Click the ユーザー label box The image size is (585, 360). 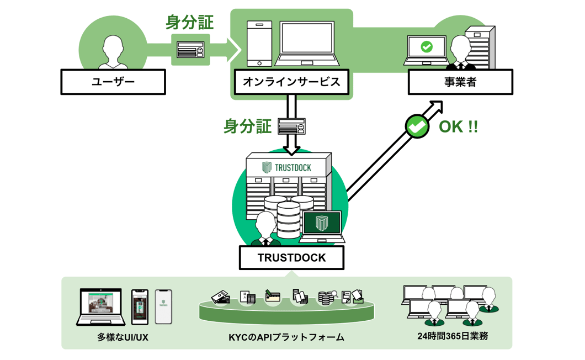pyautogui.click(x=113, y=82)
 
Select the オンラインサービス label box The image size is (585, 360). pyautogui.click(x=291, y=82)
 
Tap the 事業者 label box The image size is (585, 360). pyautogui.click(x=460, y=82)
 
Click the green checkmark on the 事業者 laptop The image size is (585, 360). pyautogui.click(x=427, y=47)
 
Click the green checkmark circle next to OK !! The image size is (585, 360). pyautogui.click(x=417, y=126)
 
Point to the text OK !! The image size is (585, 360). pyautogui.click(x=458, y=126)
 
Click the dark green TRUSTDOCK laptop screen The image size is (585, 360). pyautogui.click(x=322, y=223)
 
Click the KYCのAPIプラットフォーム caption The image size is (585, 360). pyautogui.click(x=286, y=337)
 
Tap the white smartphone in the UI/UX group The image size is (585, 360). pyautogui.click(x=163, y=306)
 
